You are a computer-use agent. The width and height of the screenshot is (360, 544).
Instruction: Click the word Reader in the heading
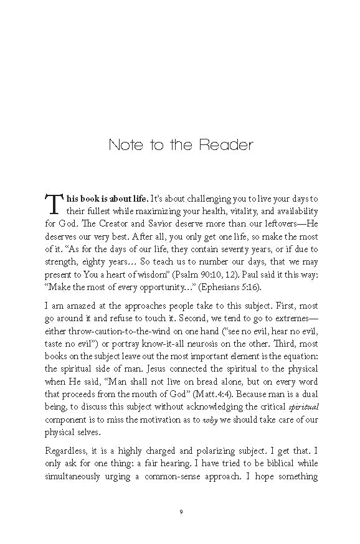(x=227, y=146)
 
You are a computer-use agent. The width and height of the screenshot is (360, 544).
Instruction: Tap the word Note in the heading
(x=122, y=146)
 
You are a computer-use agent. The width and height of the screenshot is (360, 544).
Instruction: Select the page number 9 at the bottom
(x=180, y=512)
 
